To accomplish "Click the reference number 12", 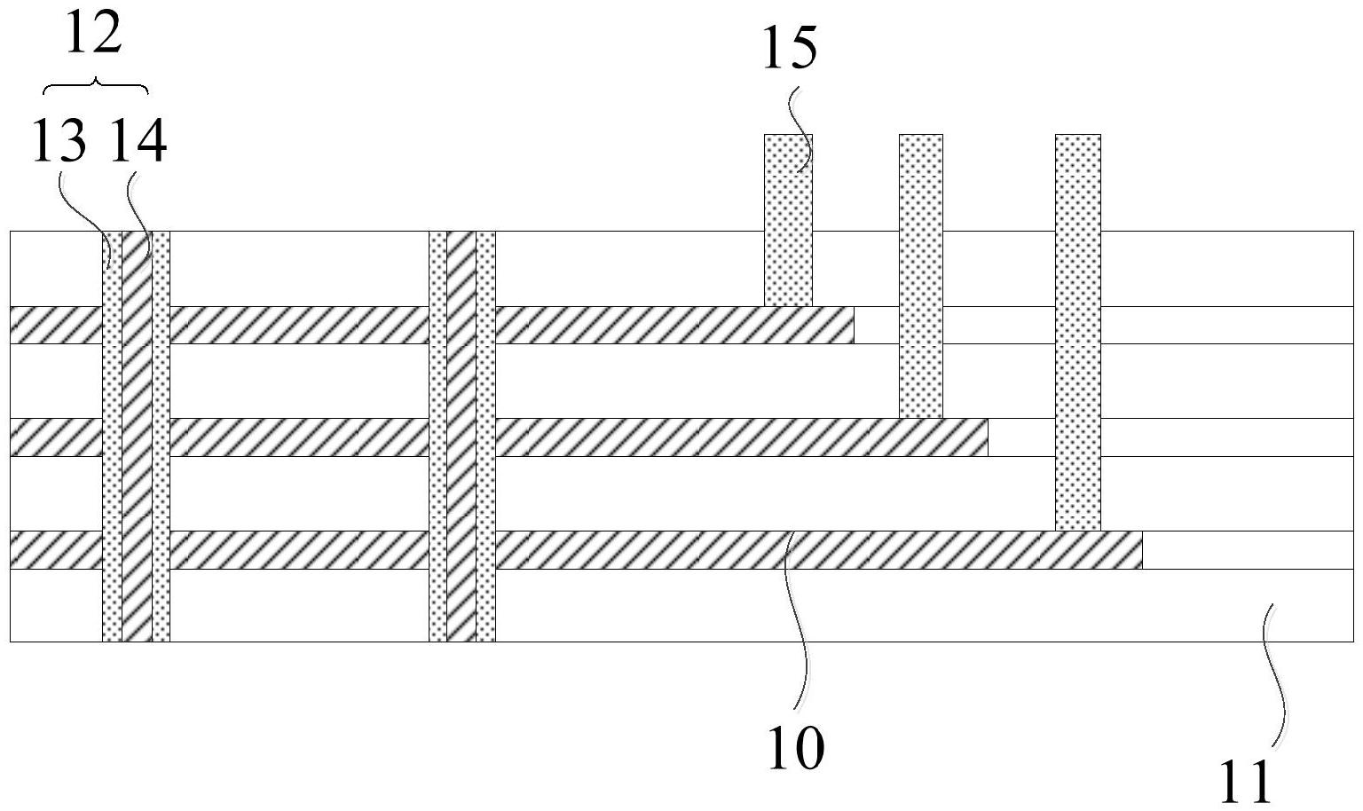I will tap(94, 35).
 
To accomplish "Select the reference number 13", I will tap(59, 142).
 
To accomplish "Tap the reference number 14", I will tap(138, 142).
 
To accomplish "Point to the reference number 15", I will tap(790, 49).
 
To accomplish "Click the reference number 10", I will tap(796, 748).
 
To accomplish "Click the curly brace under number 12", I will tap(96, 86).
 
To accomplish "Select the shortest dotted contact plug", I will tap(788, 220).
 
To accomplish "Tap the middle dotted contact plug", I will tap(921, 275).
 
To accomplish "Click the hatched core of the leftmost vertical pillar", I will tap(137, 435).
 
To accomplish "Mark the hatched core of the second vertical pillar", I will tap(461, 435).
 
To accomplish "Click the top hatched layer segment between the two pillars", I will tap(299, 325).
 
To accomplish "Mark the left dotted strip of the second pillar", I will tap(437, 435).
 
